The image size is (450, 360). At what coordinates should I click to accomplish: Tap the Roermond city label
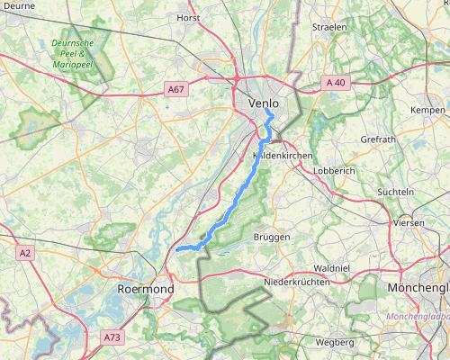[145, 289]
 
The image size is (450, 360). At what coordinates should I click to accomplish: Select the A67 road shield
[176, 89]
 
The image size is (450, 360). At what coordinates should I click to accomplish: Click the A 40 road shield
[336, 82]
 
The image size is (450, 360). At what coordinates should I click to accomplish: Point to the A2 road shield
[25, 254]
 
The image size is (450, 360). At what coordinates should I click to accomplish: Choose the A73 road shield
[112, 337]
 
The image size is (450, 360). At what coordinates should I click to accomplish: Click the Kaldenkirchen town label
[283, 156]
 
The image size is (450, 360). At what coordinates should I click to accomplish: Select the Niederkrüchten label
[292, 282]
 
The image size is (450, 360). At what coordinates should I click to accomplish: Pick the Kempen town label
[427, 110]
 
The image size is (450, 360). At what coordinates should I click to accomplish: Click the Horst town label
[188, 17]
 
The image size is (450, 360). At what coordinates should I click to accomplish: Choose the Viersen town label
[408, 222]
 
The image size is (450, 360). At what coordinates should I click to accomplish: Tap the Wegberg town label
[335, 343]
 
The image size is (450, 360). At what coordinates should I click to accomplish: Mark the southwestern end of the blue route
[178, 247]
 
